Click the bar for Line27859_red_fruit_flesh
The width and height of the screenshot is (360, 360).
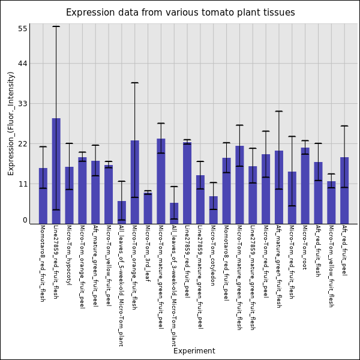coord(56,171)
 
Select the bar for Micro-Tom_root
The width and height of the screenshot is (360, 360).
coord(305,185)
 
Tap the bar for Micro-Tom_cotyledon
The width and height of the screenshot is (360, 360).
coord(213,209)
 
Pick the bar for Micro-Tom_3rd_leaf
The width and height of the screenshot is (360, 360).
coord(148,208)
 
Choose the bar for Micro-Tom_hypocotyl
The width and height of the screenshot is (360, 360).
coord(69,195)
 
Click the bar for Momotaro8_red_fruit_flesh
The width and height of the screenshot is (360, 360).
coord(43,196)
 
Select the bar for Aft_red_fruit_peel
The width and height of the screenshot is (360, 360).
coord(344,190)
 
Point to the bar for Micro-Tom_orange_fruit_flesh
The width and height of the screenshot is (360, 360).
coord(134,182)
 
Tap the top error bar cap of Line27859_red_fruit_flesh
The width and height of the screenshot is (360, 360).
coord(56,26)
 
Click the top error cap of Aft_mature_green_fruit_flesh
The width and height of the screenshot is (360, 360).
coord(279,111)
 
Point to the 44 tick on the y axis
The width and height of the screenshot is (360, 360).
coord(29,64)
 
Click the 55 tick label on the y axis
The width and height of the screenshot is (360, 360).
coord(23,28)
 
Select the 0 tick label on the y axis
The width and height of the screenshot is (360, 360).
coord(25,220)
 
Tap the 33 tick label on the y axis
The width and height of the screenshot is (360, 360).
coord(23,104)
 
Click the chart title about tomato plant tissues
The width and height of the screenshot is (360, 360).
coord(180,13)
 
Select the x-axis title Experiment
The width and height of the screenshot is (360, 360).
coord(194,351)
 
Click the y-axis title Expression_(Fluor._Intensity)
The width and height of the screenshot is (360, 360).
coord(11,123)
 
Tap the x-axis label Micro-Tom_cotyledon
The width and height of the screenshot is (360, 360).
coord(213,251)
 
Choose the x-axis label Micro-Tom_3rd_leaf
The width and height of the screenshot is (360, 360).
coord(148,250)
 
